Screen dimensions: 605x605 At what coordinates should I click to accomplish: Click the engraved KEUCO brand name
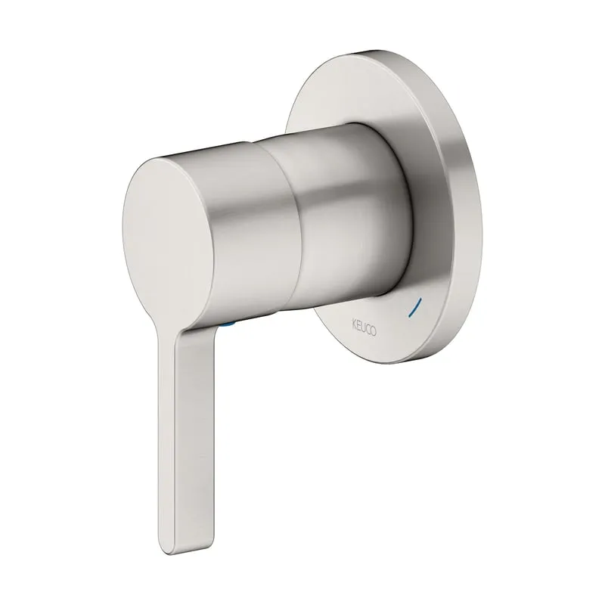(365, 327)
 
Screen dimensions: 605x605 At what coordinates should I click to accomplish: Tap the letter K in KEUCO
(354, 323)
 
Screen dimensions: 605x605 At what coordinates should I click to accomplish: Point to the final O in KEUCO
(374, 332)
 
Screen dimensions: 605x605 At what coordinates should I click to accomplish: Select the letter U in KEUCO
(364, 327)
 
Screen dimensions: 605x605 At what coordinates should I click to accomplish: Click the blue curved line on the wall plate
(415, 307)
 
